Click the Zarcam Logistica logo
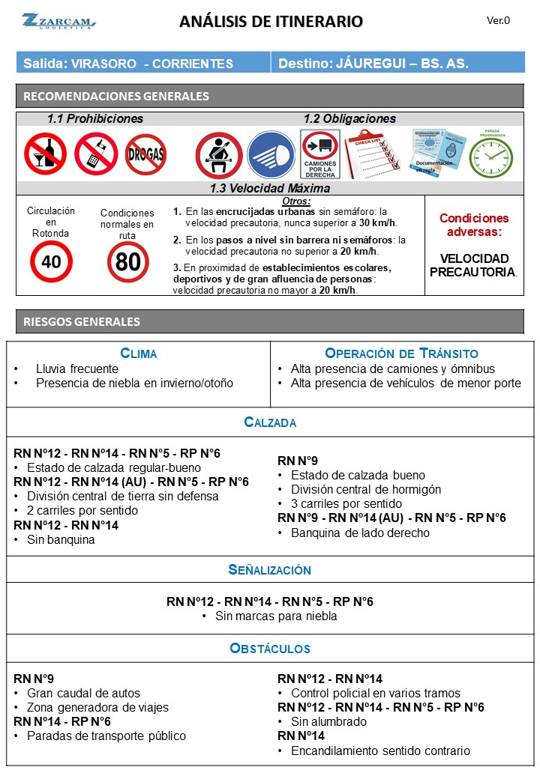pyautogui.click(x=58, y=21)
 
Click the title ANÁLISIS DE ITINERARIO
pyautogui.click(x=271, y=22)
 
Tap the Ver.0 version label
pyautogui.click(x=498, y=20)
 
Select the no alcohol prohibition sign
pyautogui.click(x=45, y=154)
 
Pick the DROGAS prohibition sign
pyautogui.click(x=145, y=154)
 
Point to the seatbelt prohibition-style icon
pyautogui.click(x=218, y=155)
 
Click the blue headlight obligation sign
pyautogui.click(x=271, y=154)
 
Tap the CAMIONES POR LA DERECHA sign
pyautogui.click(x=320, y=154)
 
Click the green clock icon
pyautogui.click(x=491, y=157)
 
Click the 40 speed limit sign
pyautogui.click(x=51, y=261)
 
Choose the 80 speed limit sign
pyautogui.click(x=127, y=261)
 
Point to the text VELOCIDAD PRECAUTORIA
pyautogui.click(x=473, y=264)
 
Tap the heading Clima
pyautogui.click(x=139, y=353)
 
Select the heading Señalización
pyautogui.click(x=269, y=569)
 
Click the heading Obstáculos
pyautogui.click(x=269, y=648)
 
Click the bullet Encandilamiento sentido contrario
pyautogui.click(x=380, y=751)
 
